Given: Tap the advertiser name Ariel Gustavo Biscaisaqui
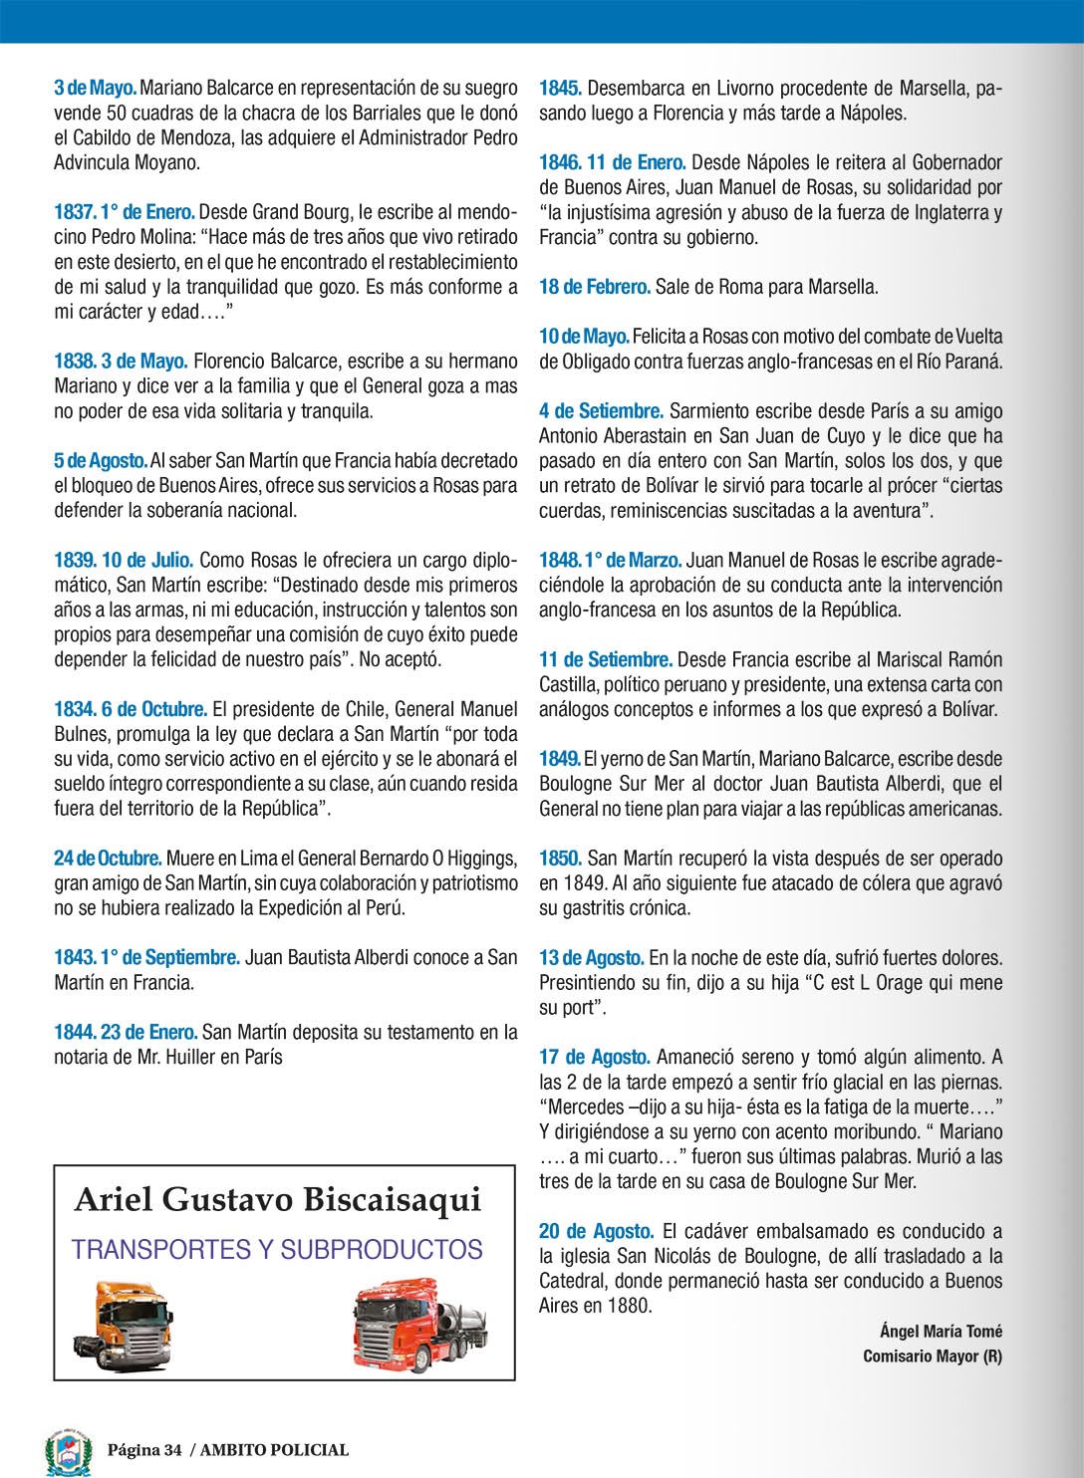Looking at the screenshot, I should pyautogui.click(x=278, y=1199).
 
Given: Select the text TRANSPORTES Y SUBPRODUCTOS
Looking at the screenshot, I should pyautogui.click(x=277, y=1249).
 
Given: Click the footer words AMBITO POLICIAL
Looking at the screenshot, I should pyautogui.click(x=274, y=1450).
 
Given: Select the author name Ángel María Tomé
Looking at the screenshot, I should pyautogui.click(x=941, y=1331).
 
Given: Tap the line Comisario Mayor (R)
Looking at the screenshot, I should pyautogui.click(x=933, y=1355).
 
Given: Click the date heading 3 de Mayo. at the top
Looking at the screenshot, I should pyautogui.click(x=96, y=88).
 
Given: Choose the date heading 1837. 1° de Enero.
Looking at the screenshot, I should pyautogui.click(x=125, y=212).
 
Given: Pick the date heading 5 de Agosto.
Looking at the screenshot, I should pyautogui.click(x=101, y=460).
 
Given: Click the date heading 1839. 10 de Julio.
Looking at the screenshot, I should pyautogui.click(x=124, y=560).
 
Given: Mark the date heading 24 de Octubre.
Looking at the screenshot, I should pyautogui.click(x=108, y=858).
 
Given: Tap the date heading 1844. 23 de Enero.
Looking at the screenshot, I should pyautogui.click(x=126, y=1032).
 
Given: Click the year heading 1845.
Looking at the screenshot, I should pyautogui.click(x=560, y=88).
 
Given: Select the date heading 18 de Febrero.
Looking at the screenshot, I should pyautogui.click(x=595, y=287).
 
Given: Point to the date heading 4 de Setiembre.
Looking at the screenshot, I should pyautogui.click(x=601, y=410).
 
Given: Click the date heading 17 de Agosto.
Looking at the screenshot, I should pyautogui.click(x=595, y=1057).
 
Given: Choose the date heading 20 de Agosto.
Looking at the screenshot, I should pyautogui.click(x=596, y=1231).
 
